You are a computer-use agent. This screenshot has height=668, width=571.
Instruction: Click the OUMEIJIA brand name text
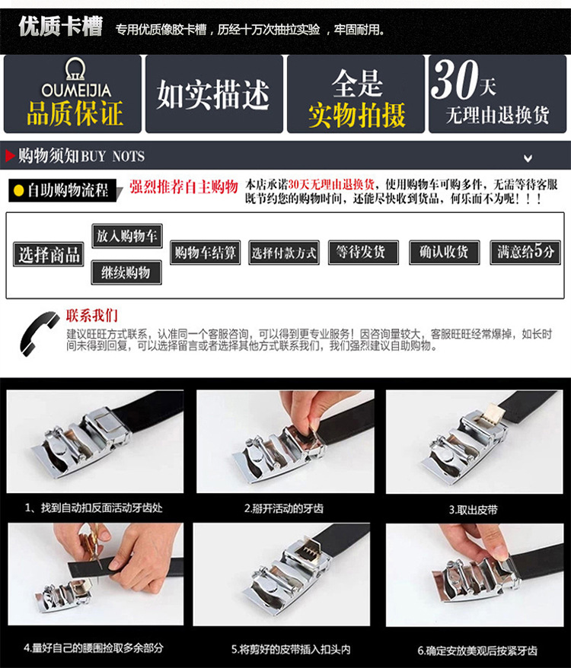76,90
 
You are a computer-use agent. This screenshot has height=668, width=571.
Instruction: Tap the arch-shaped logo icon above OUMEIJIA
75,69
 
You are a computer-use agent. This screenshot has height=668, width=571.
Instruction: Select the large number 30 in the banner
455,79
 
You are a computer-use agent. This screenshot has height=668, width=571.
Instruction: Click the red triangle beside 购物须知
10,156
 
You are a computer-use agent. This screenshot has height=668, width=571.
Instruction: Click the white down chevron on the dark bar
528,158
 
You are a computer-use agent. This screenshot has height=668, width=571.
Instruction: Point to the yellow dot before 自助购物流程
18,190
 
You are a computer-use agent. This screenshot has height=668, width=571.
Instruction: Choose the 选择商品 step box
49,255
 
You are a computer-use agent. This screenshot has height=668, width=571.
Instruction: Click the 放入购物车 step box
126,236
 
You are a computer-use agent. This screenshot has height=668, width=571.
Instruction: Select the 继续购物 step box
126,272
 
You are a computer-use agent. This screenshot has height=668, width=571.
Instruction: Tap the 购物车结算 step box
205,253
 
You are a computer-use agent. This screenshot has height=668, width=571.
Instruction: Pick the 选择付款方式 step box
284,253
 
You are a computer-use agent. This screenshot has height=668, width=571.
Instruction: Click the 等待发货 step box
363,253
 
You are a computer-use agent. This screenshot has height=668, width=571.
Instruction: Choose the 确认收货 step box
445,253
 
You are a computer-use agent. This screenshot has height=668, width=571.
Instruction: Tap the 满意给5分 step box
525,253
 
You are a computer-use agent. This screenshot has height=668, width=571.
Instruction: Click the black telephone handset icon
40,333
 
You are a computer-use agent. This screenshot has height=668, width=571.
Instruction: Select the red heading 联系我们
91,315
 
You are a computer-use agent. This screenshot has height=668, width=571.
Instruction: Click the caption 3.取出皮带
474,510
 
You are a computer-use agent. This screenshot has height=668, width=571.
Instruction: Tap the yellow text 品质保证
75,113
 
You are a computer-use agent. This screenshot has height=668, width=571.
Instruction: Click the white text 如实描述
213,94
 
